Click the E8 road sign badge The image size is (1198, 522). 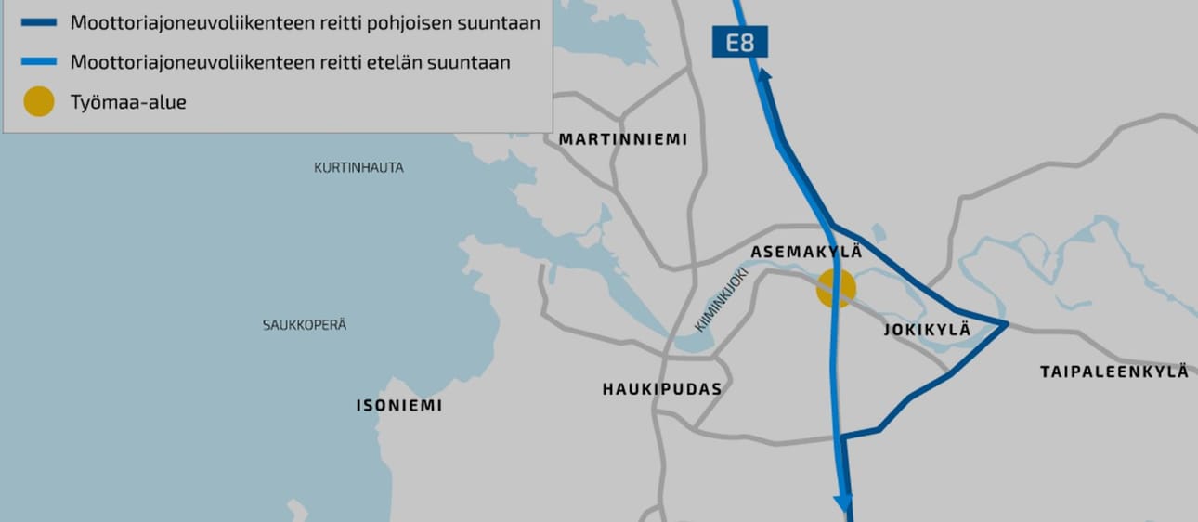[739, 43]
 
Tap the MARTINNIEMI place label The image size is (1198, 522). [622, 139]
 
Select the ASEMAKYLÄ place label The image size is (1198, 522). [806, 253]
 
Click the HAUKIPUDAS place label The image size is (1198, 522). [661, 389]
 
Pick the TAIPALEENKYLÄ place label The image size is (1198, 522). [1113, 372]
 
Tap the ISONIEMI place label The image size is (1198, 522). [399, 406]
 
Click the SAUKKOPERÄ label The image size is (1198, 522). [305, 325]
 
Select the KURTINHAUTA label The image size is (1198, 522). [358, 168]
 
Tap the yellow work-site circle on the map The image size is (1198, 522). [835, 288]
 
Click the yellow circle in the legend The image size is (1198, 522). [39, 102]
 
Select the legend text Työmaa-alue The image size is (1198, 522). [128, 102]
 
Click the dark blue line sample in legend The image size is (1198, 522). [39, 23]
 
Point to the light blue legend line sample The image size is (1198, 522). [39, 63]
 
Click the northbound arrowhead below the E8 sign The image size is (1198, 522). [763, 76]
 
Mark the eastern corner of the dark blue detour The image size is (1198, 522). [1006, 324]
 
